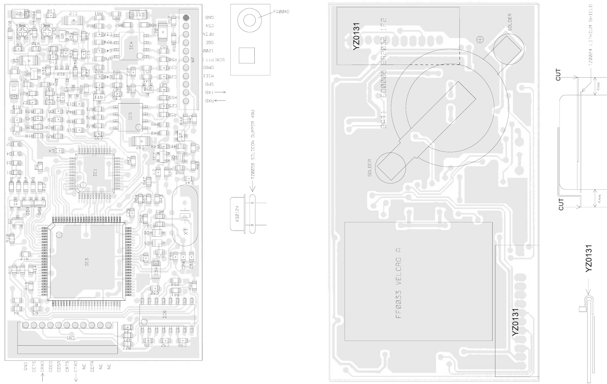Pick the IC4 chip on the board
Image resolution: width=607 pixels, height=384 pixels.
[131, 46]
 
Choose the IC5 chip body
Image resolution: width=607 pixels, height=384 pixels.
[130, 117]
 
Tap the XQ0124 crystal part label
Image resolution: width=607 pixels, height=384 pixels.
[238, 214]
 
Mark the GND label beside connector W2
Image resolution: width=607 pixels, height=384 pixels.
[209, 17]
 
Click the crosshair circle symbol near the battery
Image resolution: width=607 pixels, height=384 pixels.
[480, 39]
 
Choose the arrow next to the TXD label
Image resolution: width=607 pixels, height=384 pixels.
[220, 92]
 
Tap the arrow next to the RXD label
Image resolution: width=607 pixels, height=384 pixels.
[220, 100]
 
